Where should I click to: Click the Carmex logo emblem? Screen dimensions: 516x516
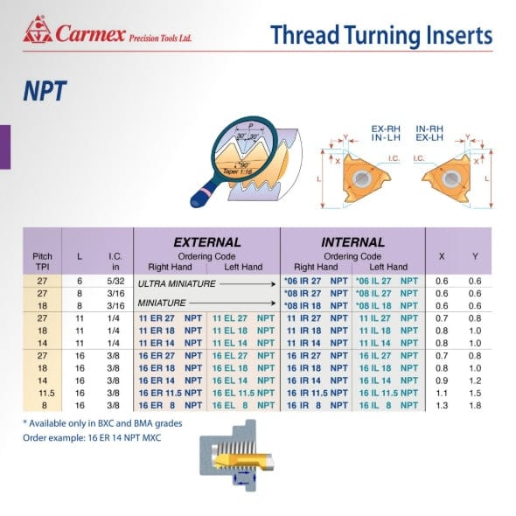click(x=38, y=32)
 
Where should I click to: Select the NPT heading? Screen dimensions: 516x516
click(x=45, y=91)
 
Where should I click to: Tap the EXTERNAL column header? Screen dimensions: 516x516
click(x=206, y=242)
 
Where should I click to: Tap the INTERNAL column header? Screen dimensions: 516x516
click(x=352, y=242)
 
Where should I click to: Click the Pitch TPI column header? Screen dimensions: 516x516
click(x=42, y=261)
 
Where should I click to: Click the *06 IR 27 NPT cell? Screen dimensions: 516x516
click(x=316, y=280)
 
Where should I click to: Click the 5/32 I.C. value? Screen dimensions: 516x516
click(x=115, y=280)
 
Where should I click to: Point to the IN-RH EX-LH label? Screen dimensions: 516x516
click(x=429, y=133)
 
